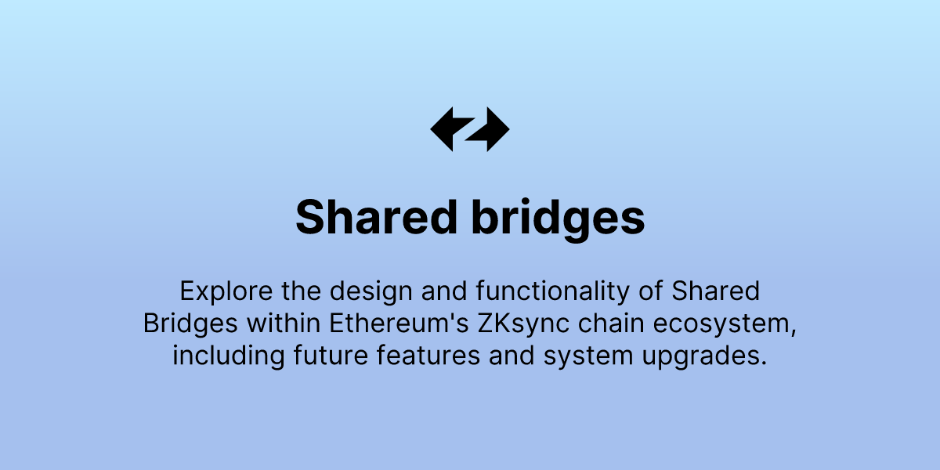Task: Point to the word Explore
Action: click(221, 291)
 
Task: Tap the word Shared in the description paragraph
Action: click(717, 291)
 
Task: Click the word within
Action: click(284, 323)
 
